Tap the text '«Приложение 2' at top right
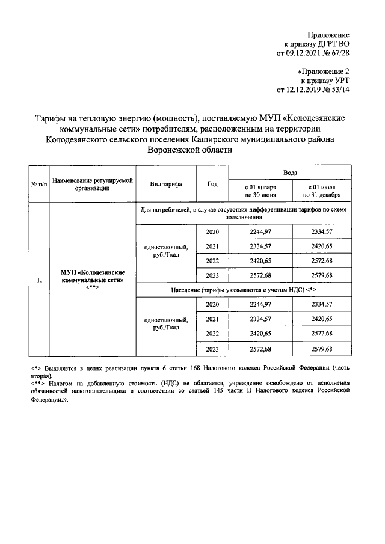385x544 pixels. click(x=323, y=71)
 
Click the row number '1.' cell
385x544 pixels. click(x=38, y=280)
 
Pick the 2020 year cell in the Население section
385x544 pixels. click(x=212, y=304)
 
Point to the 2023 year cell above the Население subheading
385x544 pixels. click(x=212, y=275)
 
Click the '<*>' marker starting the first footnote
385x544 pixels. click(x=35, y=367)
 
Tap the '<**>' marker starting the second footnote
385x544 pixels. click(x=37, y=382)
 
